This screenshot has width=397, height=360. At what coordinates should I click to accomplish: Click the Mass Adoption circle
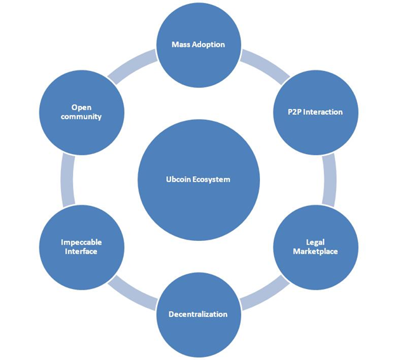198,45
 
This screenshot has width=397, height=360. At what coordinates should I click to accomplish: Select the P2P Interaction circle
316,113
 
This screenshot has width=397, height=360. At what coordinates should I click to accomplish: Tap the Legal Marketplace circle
316,247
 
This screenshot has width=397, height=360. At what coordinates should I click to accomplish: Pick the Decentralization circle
198,315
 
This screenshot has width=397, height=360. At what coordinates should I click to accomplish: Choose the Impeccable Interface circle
82,247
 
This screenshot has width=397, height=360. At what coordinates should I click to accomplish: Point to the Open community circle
82,113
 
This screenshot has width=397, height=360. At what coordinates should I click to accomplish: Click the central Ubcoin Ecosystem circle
198,180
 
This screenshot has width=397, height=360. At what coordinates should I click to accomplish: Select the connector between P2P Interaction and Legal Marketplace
329,180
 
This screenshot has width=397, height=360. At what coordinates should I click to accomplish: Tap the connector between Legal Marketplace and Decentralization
266,294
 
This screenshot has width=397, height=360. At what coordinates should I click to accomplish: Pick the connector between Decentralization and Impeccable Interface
131,294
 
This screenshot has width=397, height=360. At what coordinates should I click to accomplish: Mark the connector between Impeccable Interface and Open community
68,180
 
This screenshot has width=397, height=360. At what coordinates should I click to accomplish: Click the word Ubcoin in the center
178,179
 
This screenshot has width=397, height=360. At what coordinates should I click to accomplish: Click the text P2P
294,112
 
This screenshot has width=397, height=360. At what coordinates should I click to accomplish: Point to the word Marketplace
315,252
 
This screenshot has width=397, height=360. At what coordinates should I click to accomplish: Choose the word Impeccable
81,243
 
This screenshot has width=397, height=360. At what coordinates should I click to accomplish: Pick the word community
81,117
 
